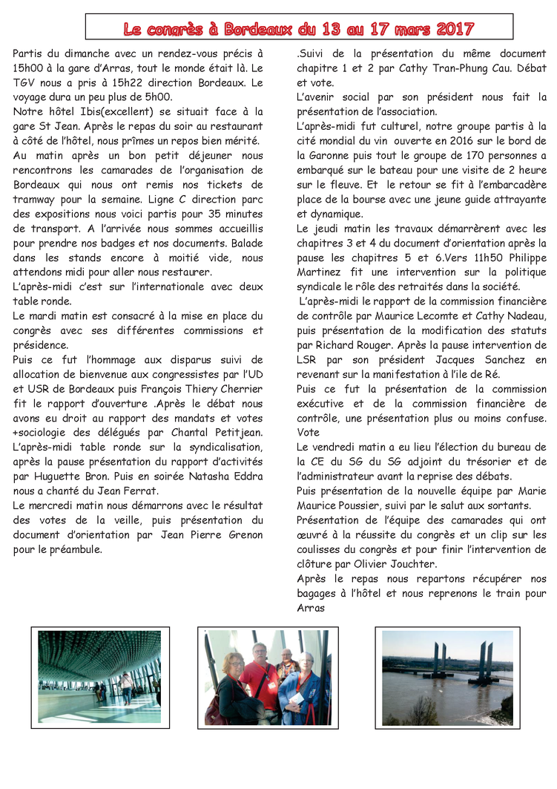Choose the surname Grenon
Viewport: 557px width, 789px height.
pos(243,534)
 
